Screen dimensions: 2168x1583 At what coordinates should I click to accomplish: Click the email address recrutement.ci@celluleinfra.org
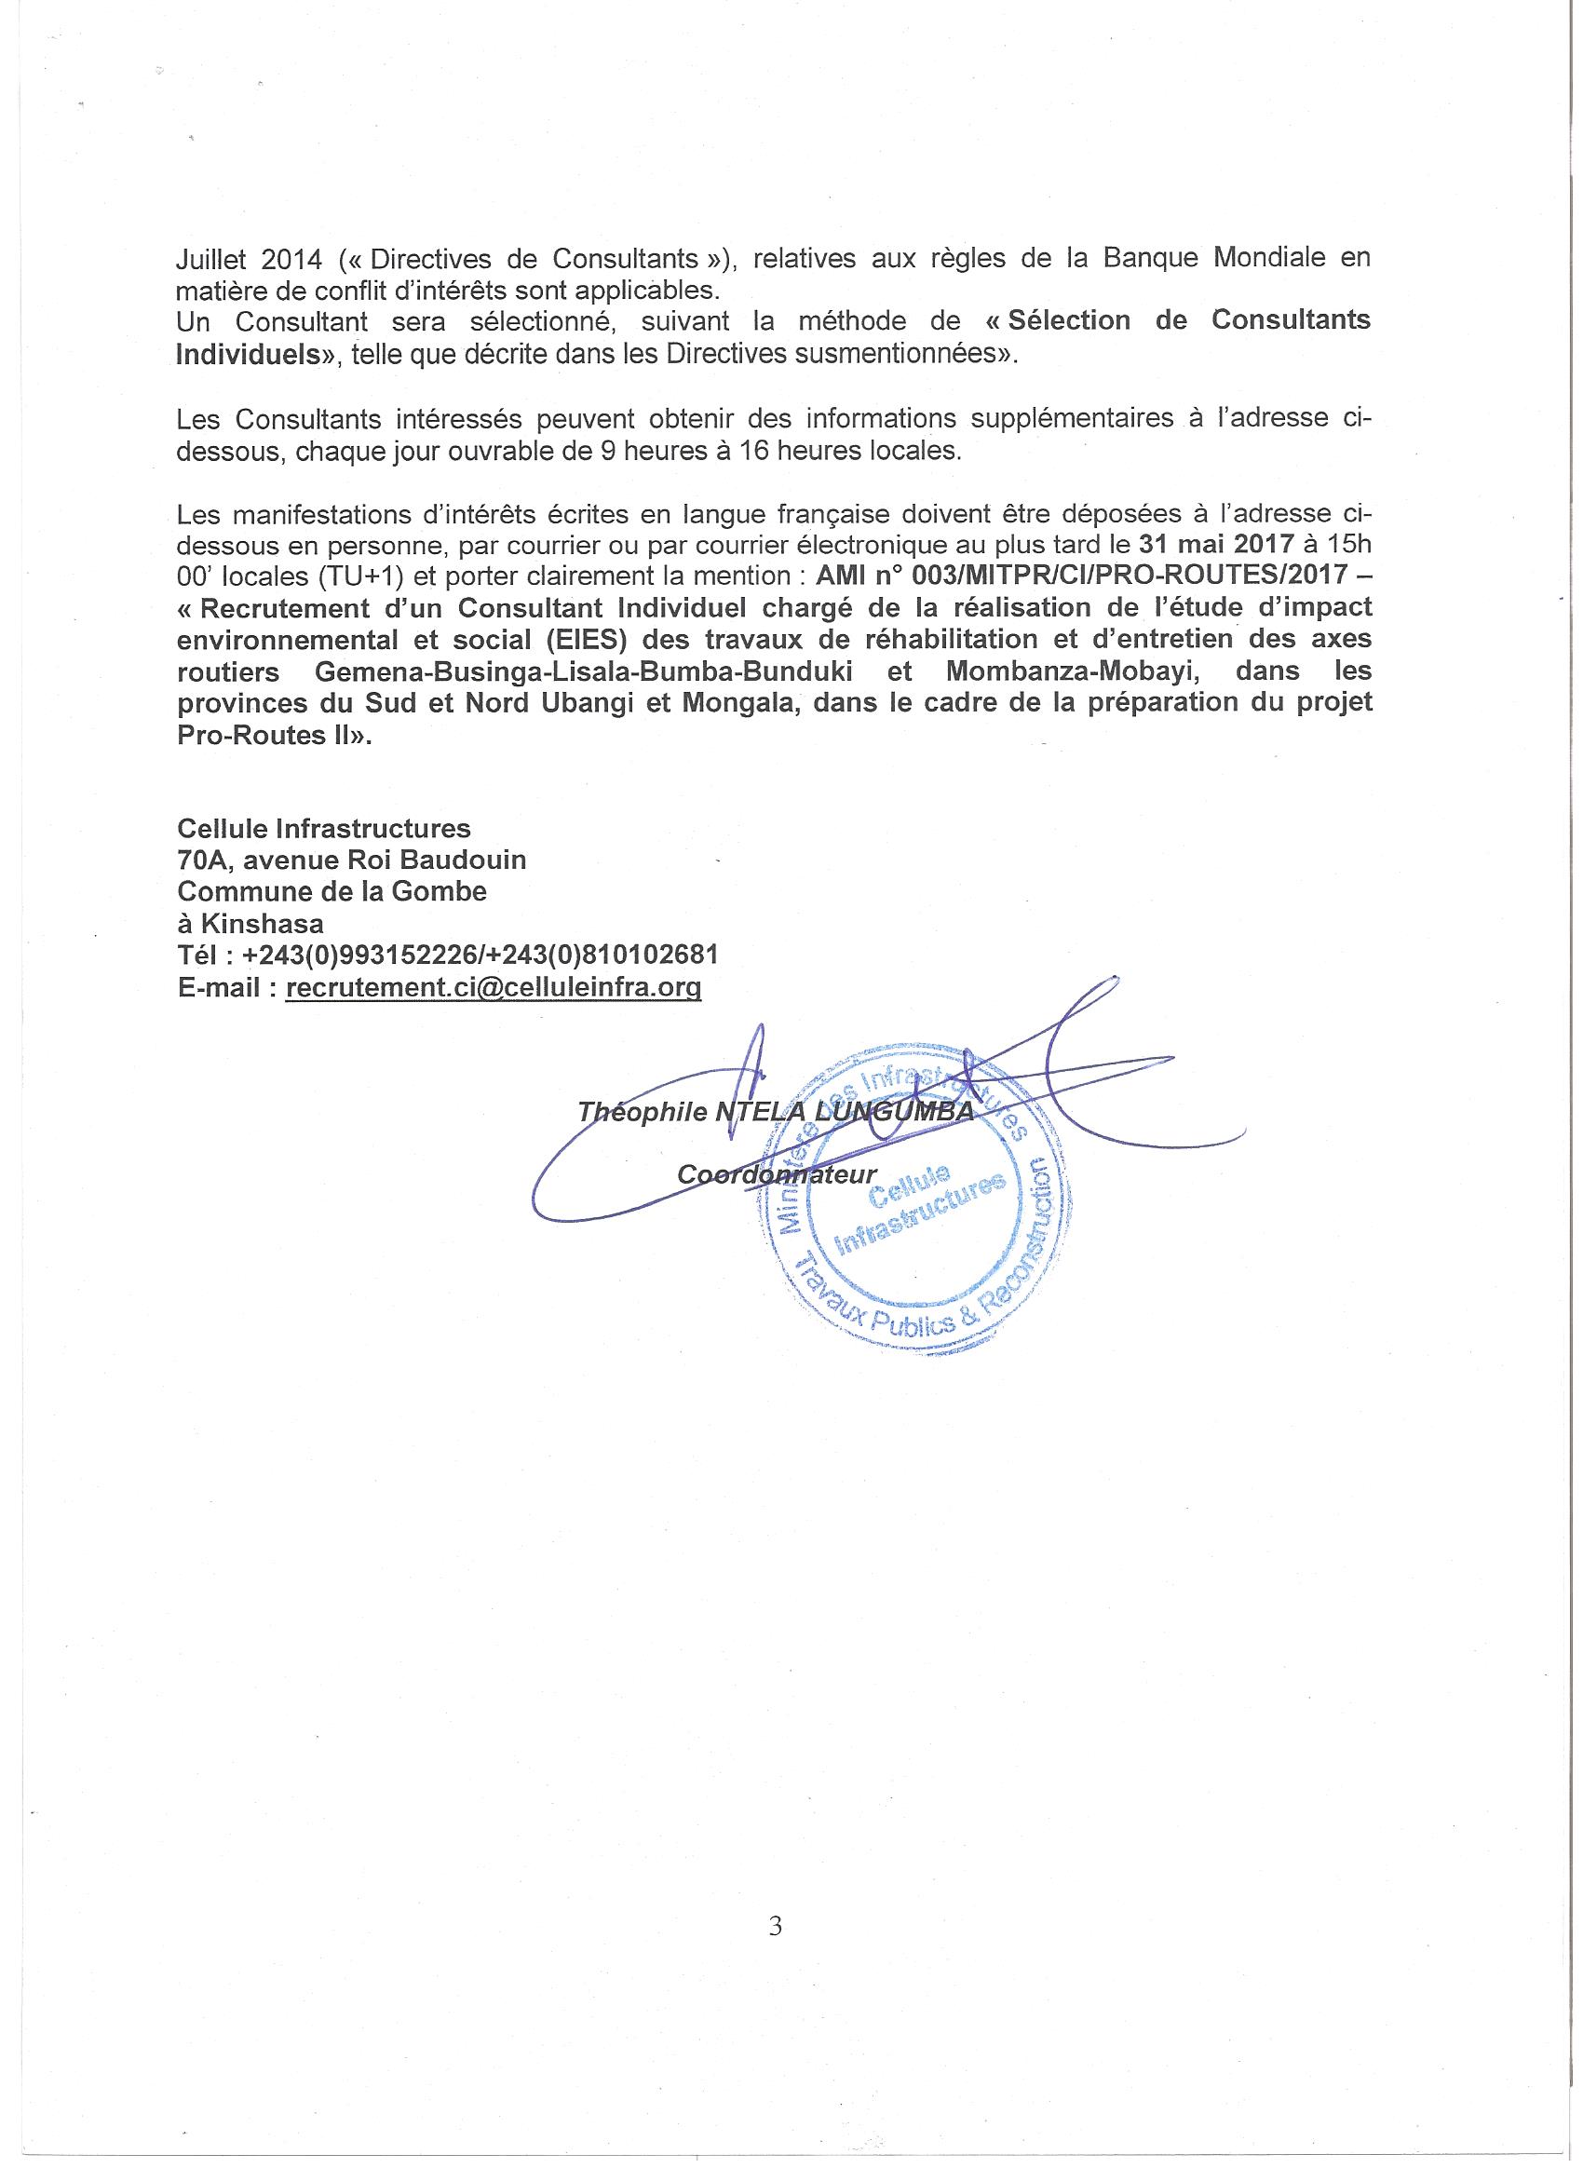(493, 987)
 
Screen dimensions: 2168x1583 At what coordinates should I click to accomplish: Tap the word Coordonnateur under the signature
(778, 1174)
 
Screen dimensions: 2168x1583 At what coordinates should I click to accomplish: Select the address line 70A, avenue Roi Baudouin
(352, 860)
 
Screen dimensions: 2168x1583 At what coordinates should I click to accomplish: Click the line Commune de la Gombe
(331, 891)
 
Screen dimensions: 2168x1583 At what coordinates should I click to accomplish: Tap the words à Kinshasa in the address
(250, 924)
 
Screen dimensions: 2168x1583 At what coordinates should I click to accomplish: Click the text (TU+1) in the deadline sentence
(358, 576)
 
